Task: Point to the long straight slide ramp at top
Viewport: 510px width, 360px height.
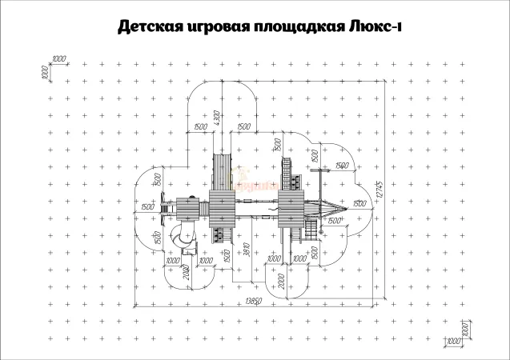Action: [x=220, y=170]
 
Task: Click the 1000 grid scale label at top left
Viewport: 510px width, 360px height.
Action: [x=58, y=59]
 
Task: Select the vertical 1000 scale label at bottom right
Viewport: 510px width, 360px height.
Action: [x=463, y=328]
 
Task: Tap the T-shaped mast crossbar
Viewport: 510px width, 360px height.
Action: [x=319, y=169]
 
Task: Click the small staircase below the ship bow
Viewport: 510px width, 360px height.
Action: [x=307, y=230]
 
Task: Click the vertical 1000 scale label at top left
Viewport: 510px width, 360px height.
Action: [x=46, y=72]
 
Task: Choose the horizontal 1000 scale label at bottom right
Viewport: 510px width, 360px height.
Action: [x=453, y=341]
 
